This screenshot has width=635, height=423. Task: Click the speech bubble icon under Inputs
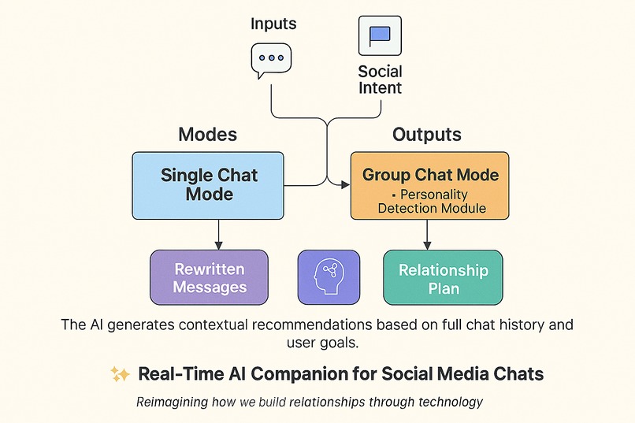[x=270, y=59]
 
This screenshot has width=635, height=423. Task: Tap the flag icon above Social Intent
[x=380, y=35]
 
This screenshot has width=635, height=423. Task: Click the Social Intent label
[x=380, y=80]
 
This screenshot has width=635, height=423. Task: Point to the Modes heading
[x=207, y=134]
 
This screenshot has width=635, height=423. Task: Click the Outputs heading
[x=427, y=134]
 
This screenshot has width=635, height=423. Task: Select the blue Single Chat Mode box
[x=208, y=185]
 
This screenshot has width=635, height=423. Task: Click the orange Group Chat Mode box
[x=430, y=185]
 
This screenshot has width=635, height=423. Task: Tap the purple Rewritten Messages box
[x=209, y=277]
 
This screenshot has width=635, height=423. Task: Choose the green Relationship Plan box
[x=443, y=277]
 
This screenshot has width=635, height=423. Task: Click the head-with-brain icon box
[x=328, y=277]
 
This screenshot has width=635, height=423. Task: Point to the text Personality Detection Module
[x=431, y=202]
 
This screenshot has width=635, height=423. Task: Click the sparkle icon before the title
[x=120, y=374]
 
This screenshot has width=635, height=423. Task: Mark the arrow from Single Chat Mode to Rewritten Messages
[x=219, y=234]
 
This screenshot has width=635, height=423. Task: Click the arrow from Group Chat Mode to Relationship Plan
[x=427, y=234]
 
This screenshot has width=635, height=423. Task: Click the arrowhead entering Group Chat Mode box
[x=345, y=185]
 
